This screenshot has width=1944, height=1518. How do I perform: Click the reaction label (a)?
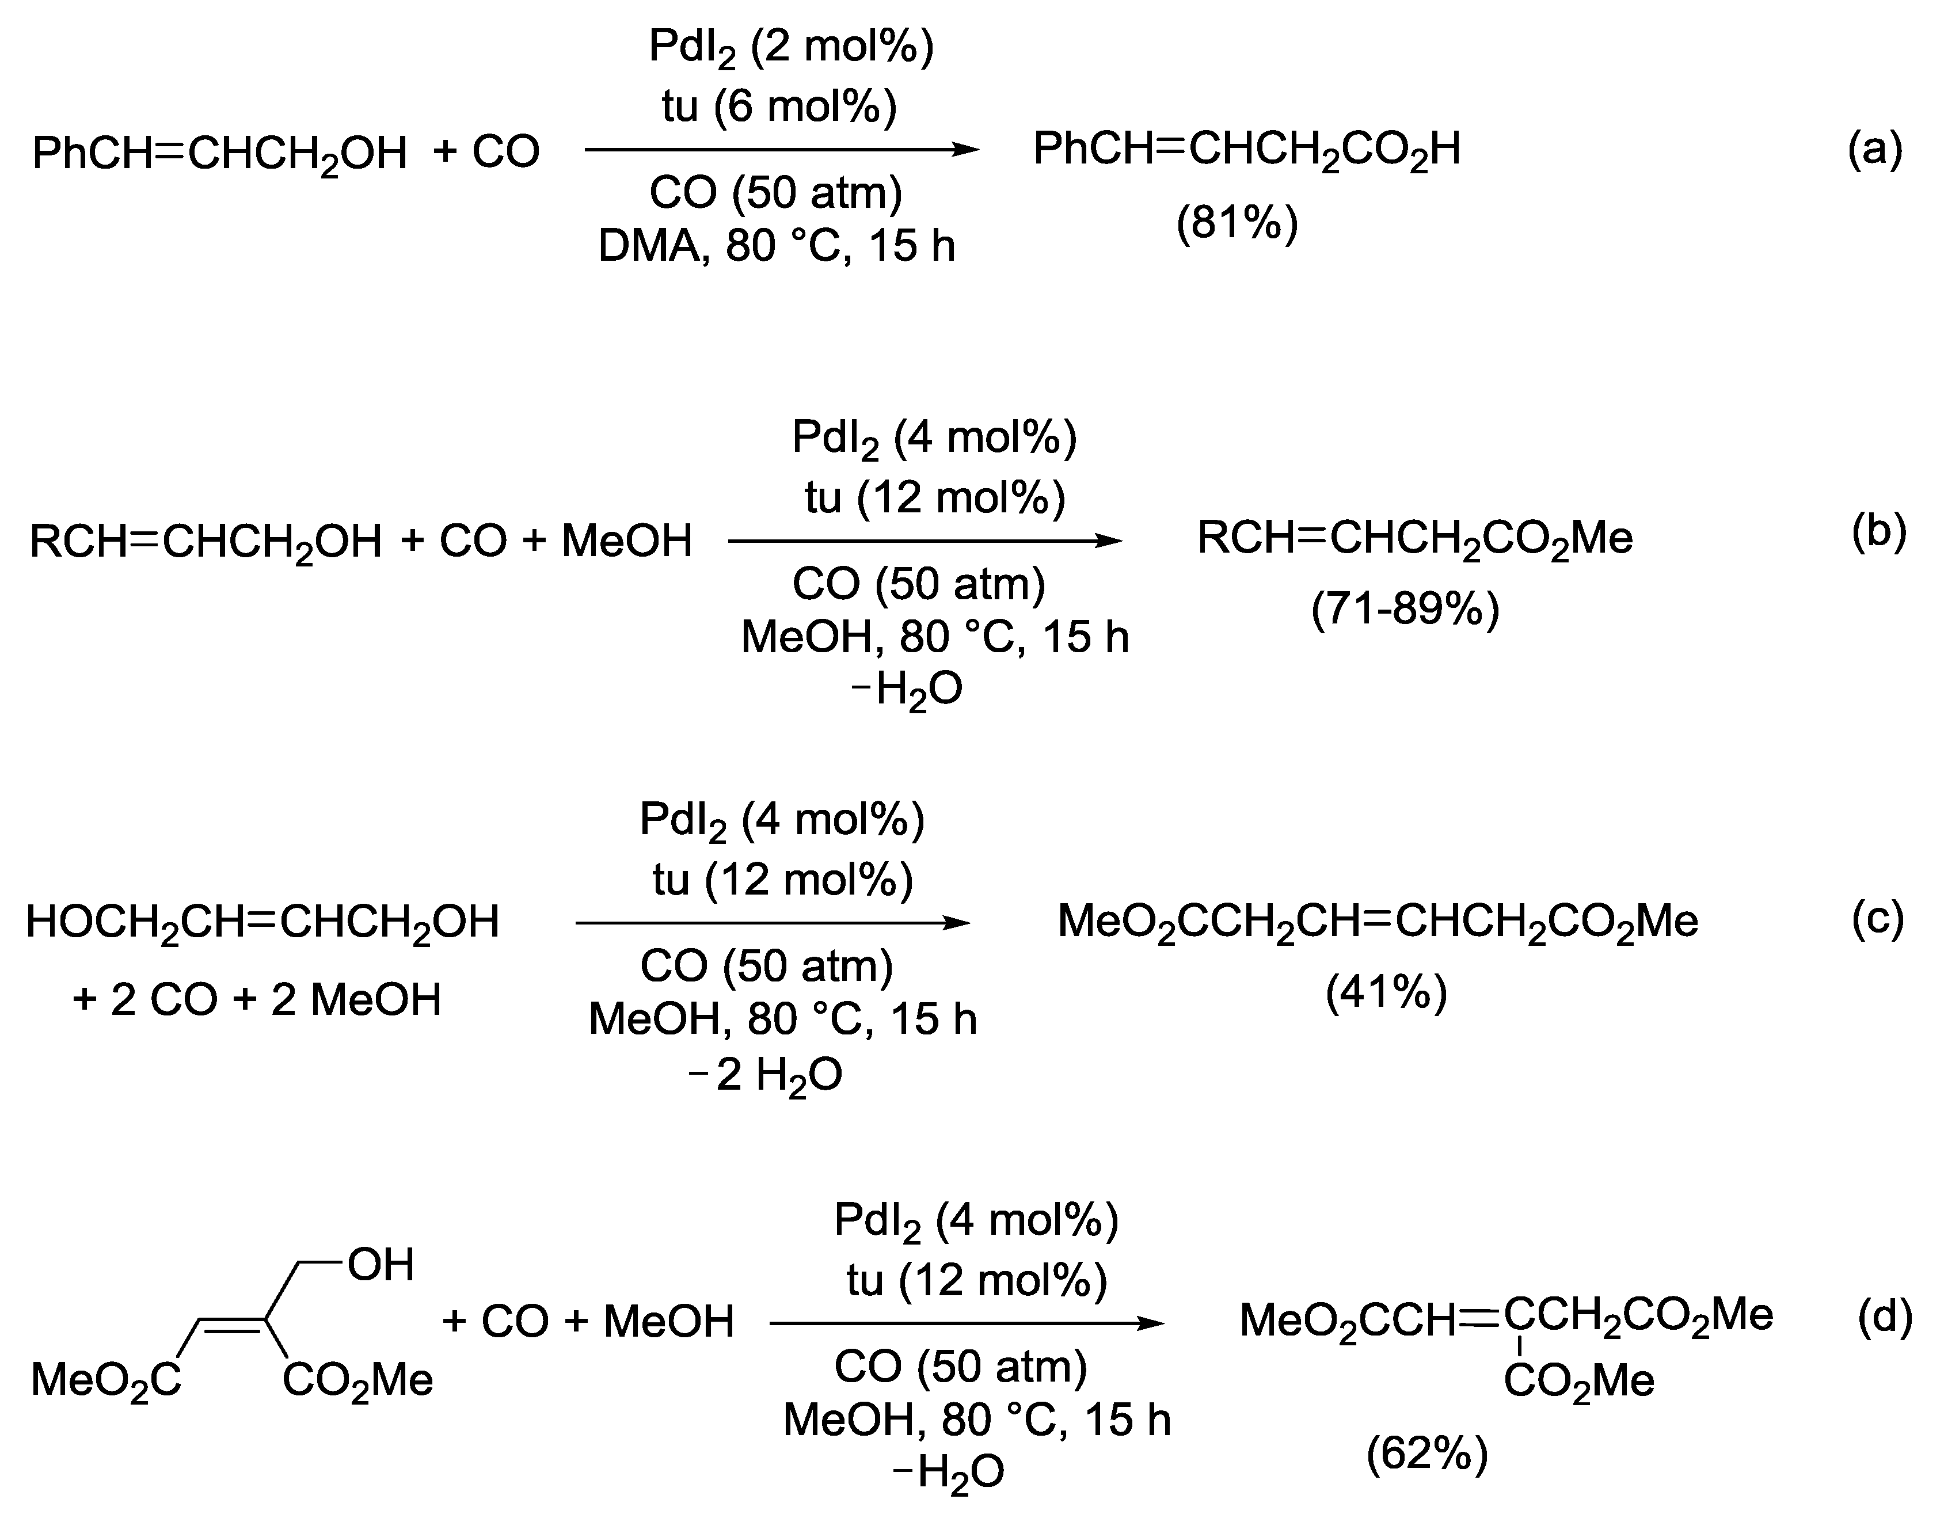click(x=1874, y=150)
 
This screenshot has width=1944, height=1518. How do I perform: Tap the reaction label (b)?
click(x=1878, y=532)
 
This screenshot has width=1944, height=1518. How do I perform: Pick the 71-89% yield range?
click(x=1406, y=610)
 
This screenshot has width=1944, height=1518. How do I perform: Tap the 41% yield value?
click(x=1387, y=992)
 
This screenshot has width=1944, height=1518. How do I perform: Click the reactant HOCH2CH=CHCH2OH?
click(x=263, y=923)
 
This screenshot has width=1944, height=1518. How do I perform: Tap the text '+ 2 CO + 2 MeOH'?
click(x=257, y=1000)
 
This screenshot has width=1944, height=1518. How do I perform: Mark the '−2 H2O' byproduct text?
click(x=766, y=1075)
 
